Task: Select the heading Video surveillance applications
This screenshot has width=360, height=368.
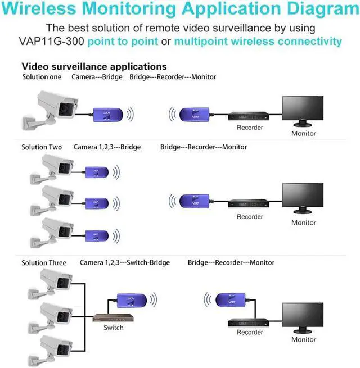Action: pos(94,66)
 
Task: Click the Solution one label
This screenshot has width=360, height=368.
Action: pos(42,77)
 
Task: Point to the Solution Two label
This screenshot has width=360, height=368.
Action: pos(42,147)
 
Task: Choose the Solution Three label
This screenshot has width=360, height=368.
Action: pos(44,262)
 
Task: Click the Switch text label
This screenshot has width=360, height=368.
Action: pos(113,327)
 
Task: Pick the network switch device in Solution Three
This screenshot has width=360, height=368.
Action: pos(113,317)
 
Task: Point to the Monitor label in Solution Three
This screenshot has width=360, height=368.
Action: pos(304,339)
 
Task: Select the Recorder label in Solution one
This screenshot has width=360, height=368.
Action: pos(250,128)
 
